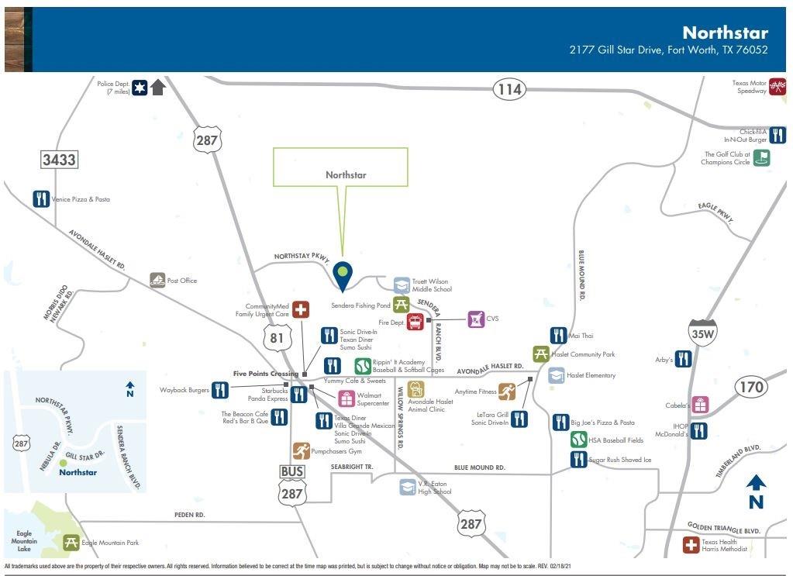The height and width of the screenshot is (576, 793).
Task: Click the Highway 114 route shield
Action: pos(509,90)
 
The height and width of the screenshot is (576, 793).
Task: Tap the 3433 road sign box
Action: pos(59,160)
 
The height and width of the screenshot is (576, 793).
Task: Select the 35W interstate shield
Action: pos(701,333)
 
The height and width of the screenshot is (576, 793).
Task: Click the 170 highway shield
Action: pos(750,386)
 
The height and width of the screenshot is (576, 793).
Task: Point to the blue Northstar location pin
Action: pos(342,274)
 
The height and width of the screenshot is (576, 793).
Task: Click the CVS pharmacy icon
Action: pos(476,319)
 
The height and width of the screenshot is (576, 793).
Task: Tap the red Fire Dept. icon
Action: pos(415,321)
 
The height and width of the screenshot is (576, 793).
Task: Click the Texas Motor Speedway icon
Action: pos(777,86)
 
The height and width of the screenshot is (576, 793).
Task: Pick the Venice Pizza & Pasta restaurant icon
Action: pos(42,199)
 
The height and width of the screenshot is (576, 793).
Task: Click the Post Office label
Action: pos(182,281)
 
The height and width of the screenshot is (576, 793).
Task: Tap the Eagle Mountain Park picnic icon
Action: pos(71,543)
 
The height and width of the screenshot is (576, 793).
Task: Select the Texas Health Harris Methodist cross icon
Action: pos(691,545)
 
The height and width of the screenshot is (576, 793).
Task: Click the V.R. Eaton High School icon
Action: pos(407,487)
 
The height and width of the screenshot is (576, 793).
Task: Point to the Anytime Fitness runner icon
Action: pos(507,391)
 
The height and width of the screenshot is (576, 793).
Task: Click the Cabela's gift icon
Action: pos(700,405)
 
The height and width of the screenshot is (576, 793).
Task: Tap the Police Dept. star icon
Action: pos(140,88)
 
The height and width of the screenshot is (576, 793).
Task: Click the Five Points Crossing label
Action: pos(266,374)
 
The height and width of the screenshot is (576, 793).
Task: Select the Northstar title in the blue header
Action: pos(725,33)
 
